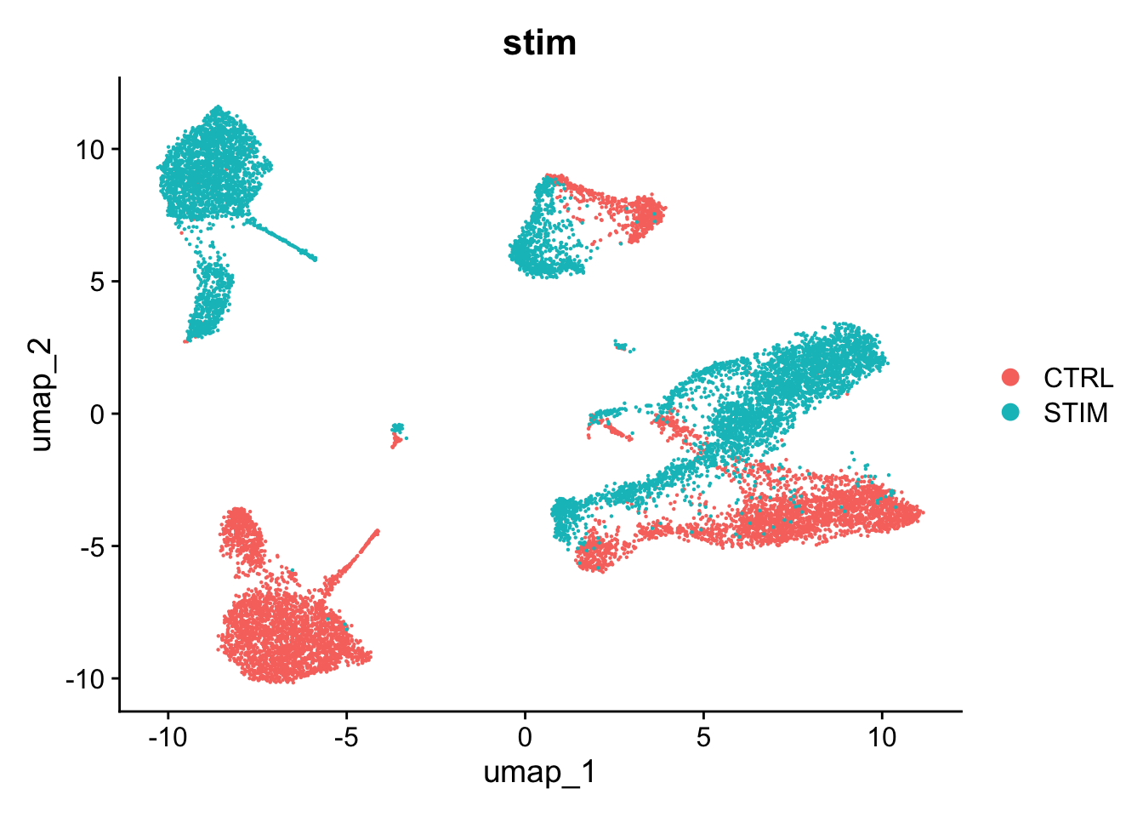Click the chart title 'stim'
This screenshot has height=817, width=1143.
point(539,43)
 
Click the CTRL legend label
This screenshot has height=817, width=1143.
point(1078,378)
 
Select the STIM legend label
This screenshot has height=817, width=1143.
point(1076,413)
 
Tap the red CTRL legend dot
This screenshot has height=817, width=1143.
point(1011,378)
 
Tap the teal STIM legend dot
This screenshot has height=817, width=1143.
point(1011,413)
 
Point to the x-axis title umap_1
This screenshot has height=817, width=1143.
point(539,772)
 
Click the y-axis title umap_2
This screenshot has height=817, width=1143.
point(41,394)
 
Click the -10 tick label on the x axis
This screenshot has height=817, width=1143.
point(168,736)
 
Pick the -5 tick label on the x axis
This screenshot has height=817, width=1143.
point(346,736)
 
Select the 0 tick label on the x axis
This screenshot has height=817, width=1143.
point(525,736)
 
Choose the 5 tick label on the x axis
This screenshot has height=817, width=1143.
point(703,736)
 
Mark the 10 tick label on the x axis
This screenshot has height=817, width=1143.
point(882,736)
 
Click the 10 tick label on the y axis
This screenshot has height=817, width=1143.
point(89,150)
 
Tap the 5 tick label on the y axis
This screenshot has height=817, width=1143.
point(97,282)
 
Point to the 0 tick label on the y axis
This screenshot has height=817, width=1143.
point(97,414)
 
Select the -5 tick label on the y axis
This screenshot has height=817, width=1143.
point(92,546)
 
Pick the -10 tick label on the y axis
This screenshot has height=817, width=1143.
point(85,679)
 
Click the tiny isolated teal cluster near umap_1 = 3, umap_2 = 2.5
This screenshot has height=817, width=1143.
point(624,346)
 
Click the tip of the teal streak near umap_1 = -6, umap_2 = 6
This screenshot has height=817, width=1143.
point(314,258)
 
